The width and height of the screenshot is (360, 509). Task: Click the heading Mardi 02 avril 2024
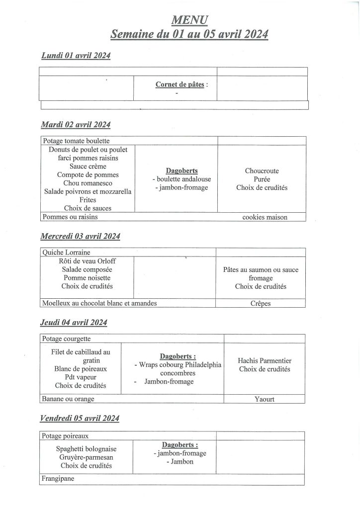(76, 124)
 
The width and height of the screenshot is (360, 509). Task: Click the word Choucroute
(262, 171)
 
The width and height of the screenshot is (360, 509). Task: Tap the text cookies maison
(265, 217)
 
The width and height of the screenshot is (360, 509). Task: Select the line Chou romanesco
(88, 183)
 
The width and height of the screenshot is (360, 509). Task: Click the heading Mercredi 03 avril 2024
(80, 236)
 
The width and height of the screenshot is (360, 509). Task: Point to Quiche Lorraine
(66, 253)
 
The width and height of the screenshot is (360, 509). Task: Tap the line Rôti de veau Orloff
(88, 261)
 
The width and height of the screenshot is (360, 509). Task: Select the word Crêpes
(261, 303)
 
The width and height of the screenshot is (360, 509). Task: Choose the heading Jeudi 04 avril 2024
(74, 323)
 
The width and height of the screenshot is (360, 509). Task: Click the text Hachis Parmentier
(265, 361)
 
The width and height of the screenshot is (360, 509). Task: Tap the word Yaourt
(264, 399)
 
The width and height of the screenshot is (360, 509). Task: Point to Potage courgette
(67, 339)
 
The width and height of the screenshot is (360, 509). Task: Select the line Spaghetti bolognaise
(87, 448)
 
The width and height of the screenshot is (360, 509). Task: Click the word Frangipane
(59, 480)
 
